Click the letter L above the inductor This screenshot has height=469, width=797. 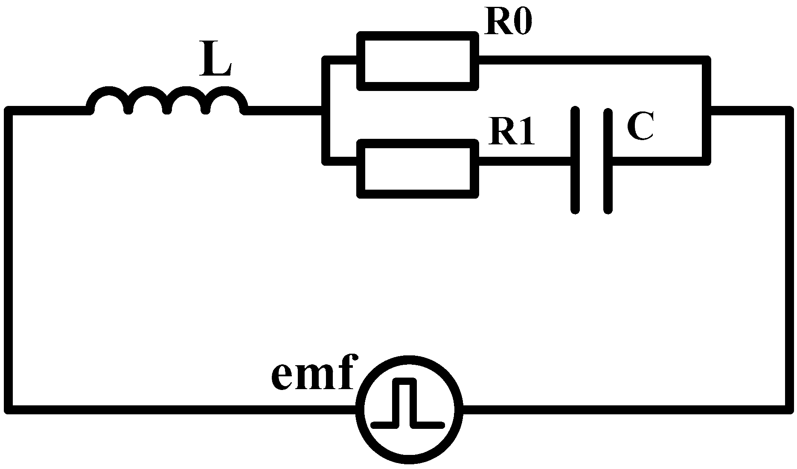[215, 59]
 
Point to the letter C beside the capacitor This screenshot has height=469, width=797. [640, 126]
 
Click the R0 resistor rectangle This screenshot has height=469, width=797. [418, 61]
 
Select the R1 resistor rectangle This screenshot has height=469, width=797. [418, 168]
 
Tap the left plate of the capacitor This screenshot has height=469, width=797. [575, 161]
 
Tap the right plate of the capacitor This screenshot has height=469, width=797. [608, 161]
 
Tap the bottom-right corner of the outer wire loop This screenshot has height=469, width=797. [788, 409]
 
